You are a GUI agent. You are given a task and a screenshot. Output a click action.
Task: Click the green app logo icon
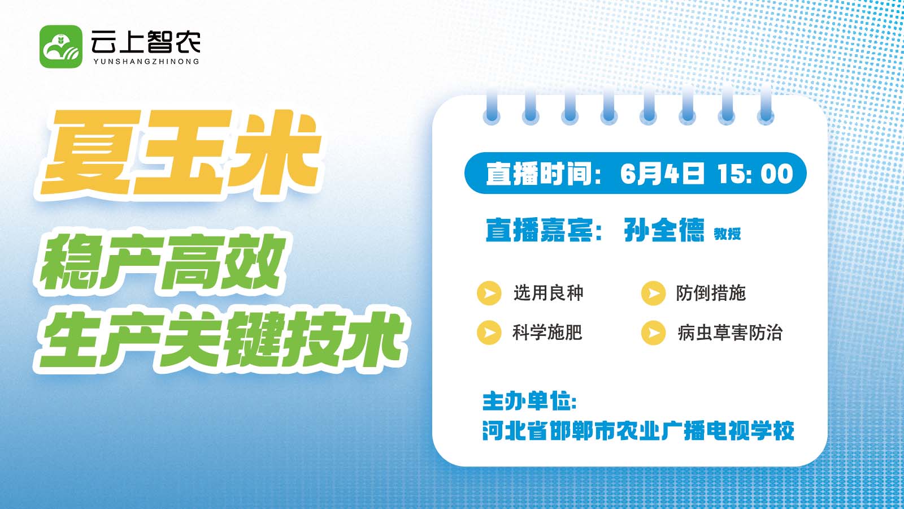point(61,46)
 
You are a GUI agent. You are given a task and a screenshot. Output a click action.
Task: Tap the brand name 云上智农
point(146,42)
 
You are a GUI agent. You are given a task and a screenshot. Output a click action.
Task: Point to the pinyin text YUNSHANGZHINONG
point(146,62)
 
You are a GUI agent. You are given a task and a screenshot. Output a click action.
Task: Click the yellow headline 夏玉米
point(181,153)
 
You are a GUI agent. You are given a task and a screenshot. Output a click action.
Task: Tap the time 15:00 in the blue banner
point(755,174)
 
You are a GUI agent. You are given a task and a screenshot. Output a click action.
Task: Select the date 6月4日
point(662,174)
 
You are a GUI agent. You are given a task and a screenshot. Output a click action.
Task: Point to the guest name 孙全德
point(664,230)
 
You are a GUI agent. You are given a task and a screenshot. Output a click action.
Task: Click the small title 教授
point(727,234)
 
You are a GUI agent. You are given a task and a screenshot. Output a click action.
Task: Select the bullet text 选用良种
point(549,294)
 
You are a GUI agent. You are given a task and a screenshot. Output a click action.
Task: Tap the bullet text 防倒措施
point(711,294)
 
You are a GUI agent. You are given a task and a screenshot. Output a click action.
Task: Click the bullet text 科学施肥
point(547,333)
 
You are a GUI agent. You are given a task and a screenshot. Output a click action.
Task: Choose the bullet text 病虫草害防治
point(730,333)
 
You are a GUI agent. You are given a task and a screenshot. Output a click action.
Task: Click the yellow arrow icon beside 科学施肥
point(489,333)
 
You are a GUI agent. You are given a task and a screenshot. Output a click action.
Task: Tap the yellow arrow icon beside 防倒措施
point(653,293)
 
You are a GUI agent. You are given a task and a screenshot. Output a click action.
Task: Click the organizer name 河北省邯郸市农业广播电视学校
point(638,430)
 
